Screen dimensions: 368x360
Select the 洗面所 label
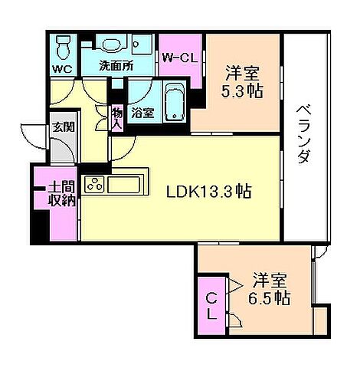[115, 66]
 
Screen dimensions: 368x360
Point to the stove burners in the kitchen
[94, 186]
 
